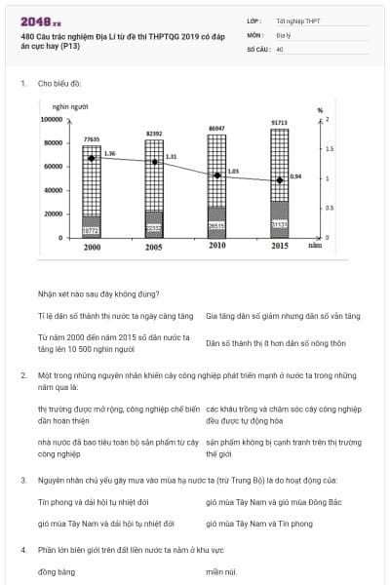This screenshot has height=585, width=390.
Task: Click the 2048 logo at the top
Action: pyautogui.click(x=40, y=20)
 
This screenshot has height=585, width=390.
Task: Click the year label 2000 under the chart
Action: pyautogui.click(x=92, y=249)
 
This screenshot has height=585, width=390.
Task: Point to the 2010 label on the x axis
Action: pyautogui.click(x=217, y=248)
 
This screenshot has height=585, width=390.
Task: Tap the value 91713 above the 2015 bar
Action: pyautogui.click(x=279, y=123)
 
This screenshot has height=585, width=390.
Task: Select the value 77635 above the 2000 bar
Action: pyautogui.click(x=92, y=139)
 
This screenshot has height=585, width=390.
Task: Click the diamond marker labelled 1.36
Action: pyautogui.click(x=92, y=158)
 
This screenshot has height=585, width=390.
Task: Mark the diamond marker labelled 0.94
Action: pyautogui.click(x=280, y=180)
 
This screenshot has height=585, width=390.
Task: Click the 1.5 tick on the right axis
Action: pyautogui.click(x=329, y=149)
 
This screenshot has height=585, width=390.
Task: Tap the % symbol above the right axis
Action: pyautogui.click(x=320, y=110)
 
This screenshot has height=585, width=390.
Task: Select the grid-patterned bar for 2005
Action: pyautogui.click(x=154, y=175)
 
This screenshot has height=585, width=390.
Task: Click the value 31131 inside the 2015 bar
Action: pyautogui.click(x=280, y=224)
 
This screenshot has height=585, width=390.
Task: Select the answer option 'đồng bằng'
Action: pyautogui.click(x=58, y=571)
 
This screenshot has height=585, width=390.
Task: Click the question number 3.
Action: pyautogui.click(x=22, y=480)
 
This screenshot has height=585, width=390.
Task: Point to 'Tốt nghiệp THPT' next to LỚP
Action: pyautogui.click(x=297, y=19)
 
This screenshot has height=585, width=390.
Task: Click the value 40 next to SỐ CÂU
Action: pyautogui.click(x=280, y=47)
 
